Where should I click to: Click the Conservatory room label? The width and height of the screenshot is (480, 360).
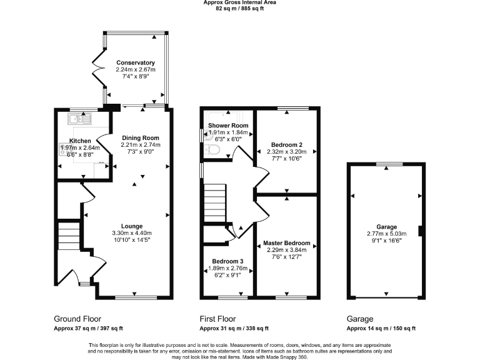point(135,62)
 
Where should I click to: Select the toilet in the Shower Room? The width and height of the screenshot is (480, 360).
point(210,149)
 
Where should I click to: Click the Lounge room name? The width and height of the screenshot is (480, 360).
point(132,226)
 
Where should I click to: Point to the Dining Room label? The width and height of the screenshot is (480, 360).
point(141,138)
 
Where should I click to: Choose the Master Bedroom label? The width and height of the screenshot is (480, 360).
point(286,243)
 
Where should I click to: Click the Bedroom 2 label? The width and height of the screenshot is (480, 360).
point(287,144)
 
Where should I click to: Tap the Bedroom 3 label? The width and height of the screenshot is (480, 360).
point(227,261)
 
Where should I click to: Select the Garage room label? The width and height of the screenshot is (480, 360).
point(386,227)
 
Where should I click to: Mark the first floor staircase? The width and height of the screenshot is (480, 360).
point(214,202)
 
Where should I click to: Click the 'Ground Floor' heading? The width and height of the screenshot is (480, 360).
point(77,319)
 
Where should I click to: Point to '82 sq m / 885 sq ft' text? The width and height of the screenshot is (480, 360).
point(240,9)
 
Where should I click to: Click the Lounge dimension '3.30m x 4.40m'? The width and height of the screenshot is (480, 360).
point(132,234)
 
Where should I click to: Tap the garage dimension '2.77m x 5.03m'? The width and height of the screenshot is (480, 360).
point(386,234)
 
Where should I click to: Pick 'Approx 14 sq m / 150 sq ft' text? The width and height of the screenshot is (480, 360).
point(381,328)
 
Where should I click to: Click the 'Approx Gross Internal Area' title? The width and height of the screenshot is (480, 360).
point(240,2)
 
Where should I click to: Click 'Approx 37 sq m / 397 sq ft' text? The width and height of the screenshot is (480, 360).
point(88,328)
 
